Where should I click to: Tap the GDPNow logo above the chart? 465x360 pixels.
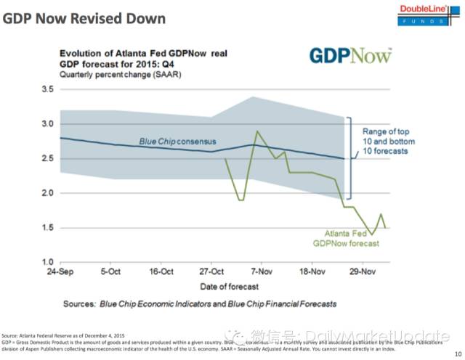coord(350,55)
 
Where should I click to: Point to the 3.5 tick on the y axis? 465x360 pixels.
coord(48,89)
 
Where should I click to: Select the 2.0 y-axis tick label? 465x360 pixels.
coord(48,193)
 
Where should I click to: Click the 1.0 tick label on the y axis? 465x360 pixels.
coord(48,262)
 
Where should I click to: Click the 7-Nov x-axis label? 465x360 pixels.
coord(261,274)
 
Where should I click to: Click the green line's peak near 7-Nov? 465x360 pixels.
coord(256,131)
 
